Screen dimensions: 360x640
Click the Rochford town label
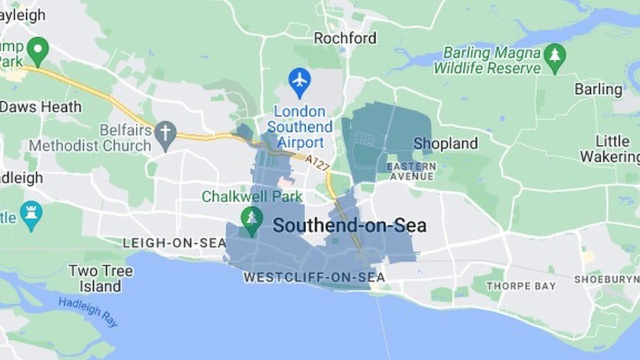345,38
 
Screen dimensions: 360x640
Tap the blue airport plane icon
300,81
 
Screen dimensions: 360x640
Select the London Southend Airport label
300,127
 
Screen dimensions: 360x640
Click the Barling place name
598,89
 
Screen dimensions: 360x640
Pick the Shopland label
446,144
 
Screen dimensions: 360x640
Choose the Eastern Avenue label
412,171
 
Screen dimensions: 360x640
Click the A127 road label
317,163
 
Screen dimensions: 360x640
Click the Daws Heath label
41,107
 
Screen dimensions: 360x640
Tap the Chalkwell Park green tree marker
251,220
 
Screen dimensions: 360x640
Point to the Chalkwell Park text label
252,196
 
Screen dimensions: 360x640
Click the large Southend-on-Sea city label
350,226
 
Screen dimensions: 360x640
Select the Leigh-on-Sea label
174,243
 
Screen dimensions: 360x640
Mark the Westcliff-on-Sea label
314,278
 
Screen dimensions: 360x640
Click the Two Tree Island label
100,278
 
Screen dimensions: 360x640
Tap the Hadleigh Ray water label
88,311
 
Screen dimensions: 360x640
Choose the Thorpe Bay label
521,286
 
